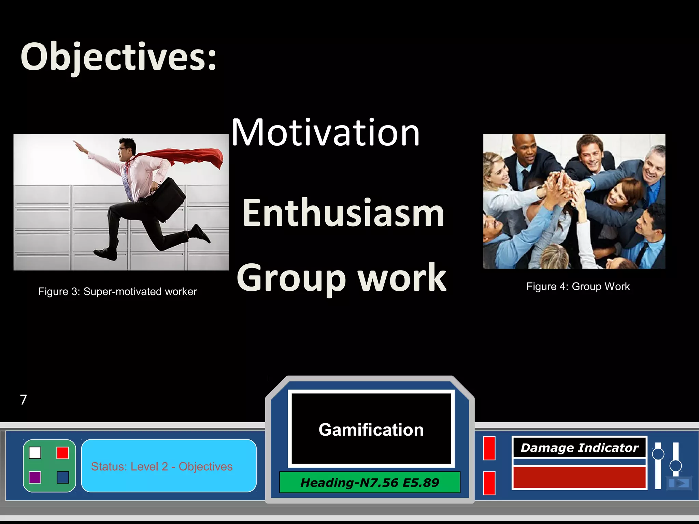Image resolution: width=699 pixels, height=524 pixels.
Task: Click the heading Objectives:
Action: (x=118, y=57)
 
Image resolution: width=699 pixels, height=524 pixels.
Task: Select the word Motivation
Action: (x=325, y=133)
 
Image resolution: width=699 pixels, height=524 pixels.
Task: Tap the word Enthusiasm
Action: (x=343, y=213)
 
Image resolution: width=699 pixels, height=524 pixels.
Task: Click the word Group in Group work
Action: (x=292, y=278)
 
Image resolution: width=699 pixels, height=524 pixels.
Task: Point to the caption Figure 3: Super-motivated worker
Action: (x=117, y=292)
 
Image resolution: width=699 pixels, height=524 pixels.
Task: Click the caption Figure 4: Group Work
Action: (x=578, y=287)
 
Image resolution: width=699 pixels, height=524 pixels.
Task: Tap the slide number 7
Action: (x=23, y=399)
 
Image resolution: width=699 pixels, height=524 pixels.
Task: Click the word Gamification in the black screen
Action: (x=371, y=430)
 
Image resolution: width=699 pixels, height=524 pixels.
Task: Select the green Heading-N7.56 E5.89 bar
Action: (x=370, y=483)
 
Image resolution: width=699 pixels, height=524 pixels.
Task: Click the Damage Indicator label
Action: (x=579, y=448)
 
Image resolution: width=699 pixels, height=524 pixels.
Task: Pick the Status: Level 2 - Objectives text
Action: (x=162, y=466)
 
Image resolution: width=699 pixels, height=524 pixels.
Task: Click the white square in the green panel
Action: (x=35, y=453)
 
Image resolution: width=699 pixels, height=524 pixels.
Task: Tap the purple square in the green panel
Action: (x=35, y=477)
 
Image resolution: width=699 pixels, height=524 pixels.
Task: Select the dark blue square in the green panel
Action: (x=63, y=477)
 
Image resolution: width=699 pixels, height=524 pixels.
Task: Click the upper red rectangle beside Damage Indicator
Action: (x=489, y=448)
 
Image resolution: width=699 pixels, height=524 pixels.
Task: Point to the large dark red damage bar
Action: (x=579, y=477)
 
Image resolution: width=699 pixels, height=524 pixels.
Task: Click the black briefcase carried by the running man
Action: (x=167, y=200)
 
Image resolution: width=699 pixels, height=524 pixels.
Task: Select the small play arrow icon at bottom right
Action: (x=679, y=483)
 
